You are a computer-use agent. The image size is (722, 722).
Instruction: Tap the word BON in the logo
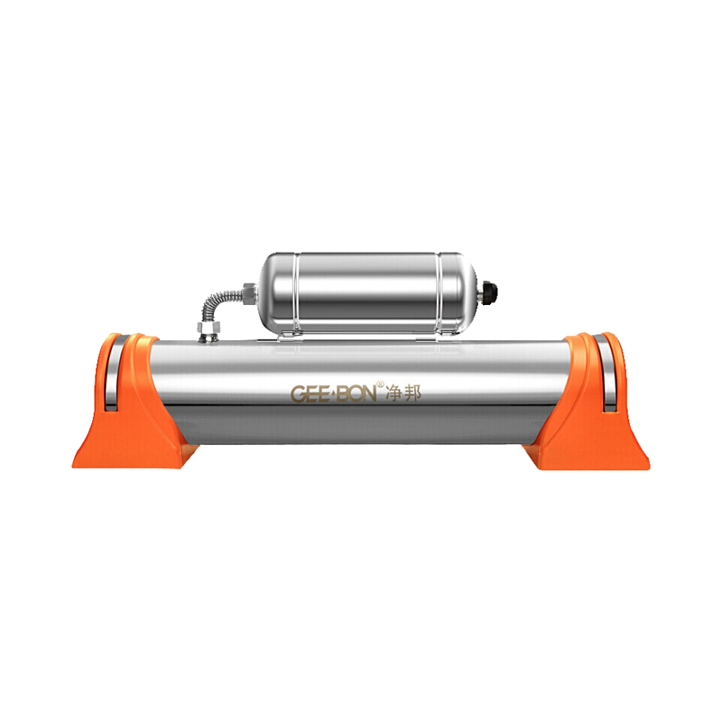pos(356,394)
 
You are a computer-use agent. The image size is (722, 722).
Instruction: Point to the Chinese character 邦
pos(412,394)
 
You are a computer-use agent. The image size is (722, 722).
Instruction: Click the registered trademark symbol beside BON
pos(380,384)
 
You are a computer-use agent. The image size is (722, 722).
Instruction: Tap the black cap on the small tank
pos(489,292)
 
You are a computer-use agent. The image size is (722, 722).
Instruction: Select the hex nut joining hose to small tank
pos(249,294)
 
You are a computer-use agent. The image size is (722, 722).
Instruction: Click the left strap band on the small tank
pos(297,292)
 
